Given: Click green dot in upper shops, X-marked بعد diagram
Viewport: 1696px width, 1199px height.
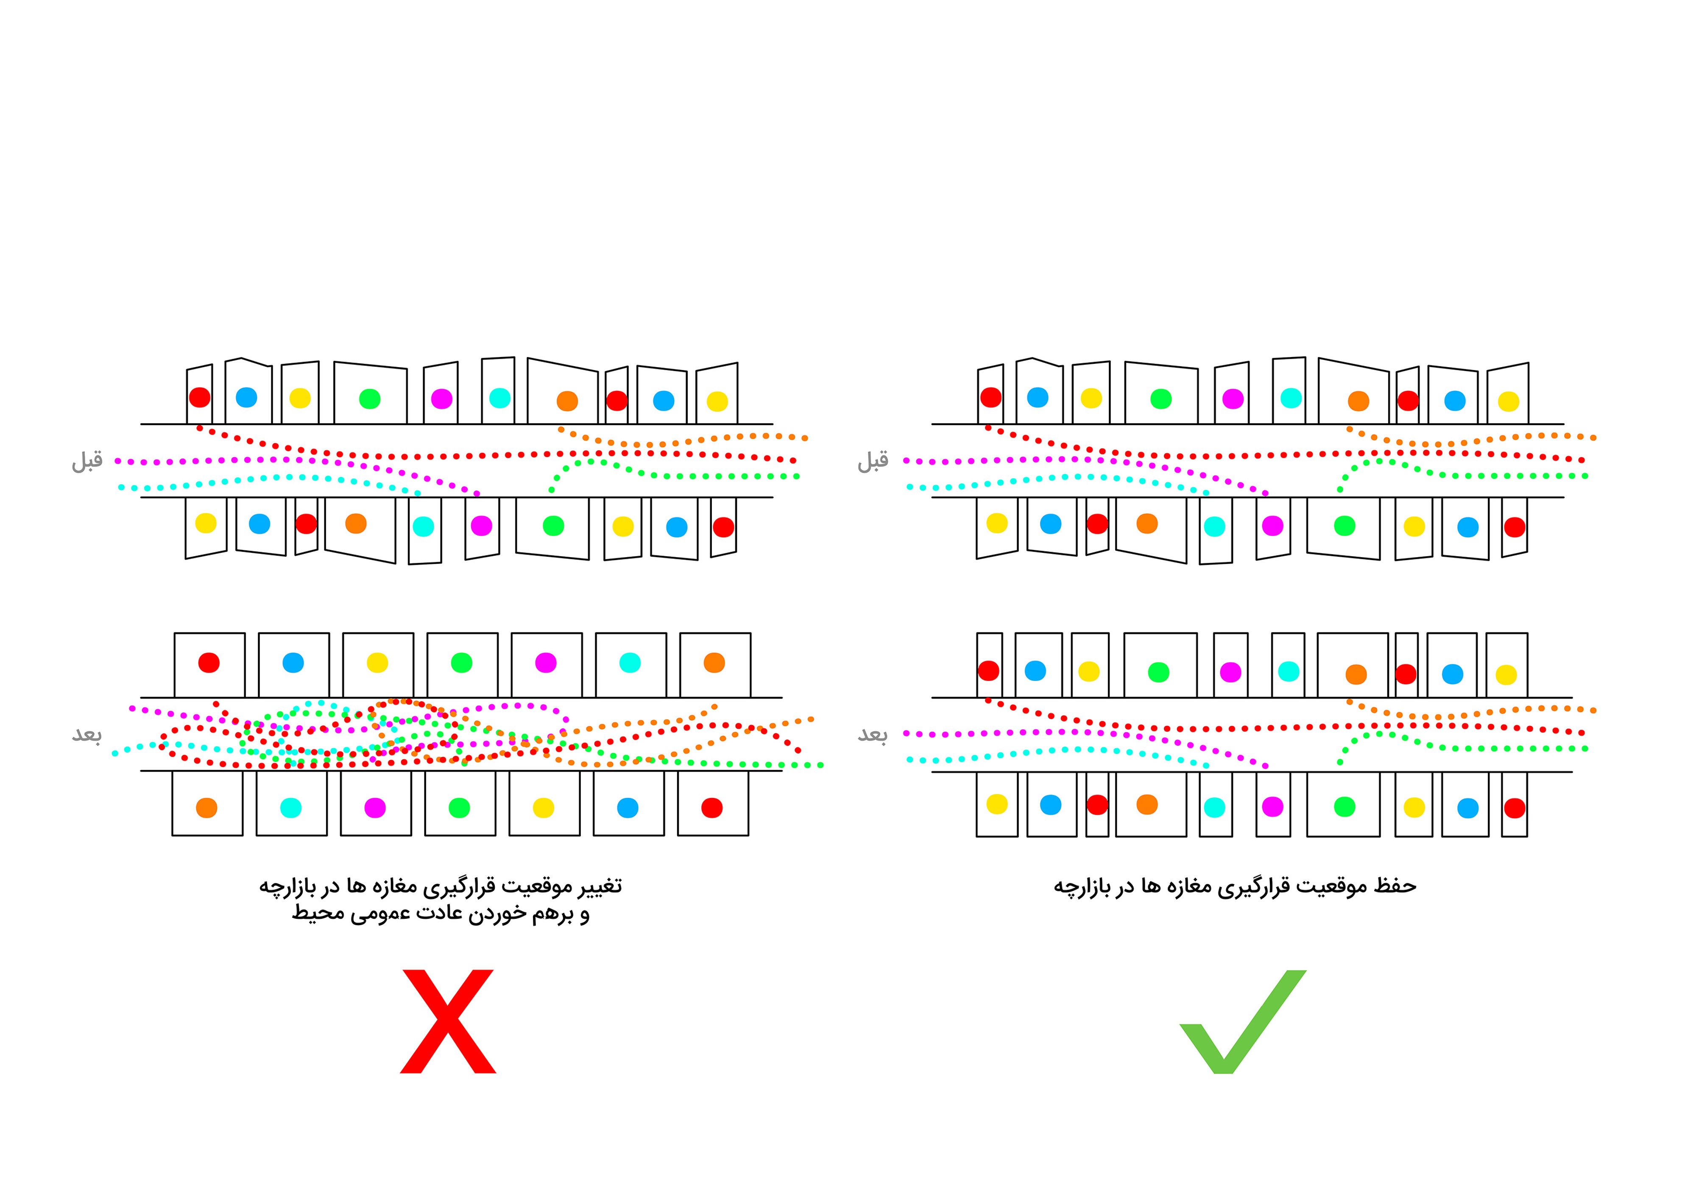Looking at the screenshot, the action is (462, 663).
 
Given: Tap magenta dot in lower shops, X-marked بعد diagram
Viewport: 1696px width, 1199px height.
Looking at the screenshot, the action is (375, 808).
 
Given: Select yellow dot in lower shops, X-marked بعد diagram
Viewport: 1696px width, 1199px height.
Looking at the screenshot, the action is (544, 808).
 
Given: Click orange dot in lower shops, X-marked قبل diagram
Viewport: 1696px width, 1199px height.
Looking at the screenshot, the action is (356, 523).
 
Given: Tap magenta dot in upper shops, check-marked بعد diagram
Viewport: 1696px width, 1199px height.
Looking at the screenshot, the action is (1230, 672).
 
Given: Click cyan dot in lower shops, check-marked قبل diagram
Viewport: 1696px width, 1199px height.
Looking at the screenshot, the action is (1214, 526).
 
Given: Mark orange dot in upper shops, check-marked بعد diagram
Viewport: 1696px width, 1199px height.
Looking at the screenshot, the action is (1356, 674).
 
